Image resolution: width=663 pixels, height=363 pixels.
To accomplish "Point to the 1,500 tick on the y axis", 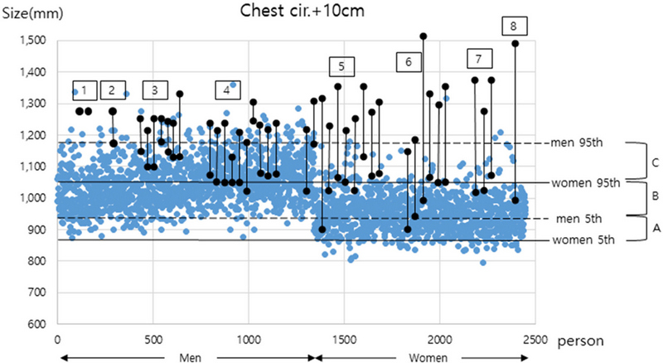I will pos(34,41).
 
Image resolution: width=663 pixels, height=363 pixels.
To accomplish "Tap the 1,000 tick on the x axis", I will pos(248,339).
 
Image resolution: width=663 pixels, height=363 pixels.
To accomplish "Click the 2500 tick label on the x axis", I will pos(534,339).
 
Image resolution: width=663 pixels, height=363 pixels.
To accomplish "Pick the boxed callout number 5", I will pos(341,65).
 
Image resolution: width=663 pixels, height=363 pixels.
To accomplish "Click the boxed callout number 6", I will pos(408,61).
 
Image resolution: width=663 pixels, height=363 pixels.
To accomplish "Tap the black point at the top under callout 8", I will pos(515,43).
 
